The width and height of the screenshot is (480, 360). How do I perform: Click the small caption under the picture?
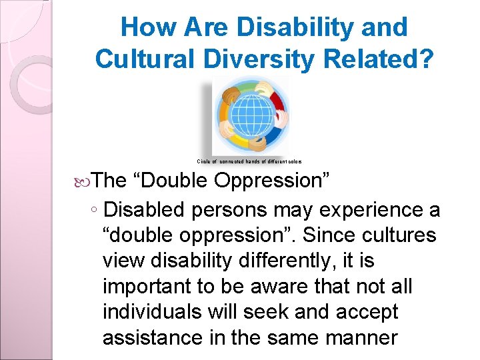[x=249, y=161]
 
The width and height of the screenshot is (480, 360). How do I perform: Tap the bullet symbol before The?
[x=82, y=181]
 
